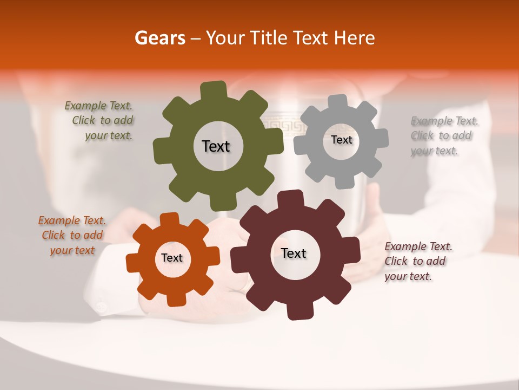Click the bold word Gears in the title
pos(159,38)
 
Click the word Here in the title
pos(355,38)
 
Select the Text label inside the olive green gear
pos(216,146)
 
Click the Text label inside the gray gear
pos(341,140)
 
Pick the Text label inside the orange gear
pos(172,258)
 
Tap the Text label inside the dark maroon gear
pos(294,253)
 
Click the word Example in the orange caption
pos(59,220)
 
